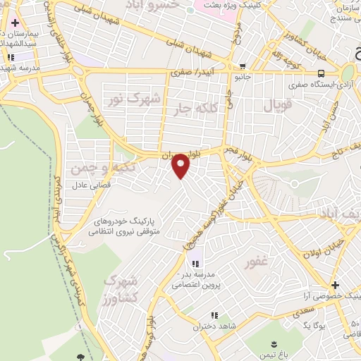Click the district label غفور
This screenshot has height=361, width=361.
pyautogui.click(x=257, y=264)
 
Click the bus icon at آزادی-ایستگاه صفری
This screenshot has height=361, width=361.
pyautogui.click(x=322, y=73)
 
